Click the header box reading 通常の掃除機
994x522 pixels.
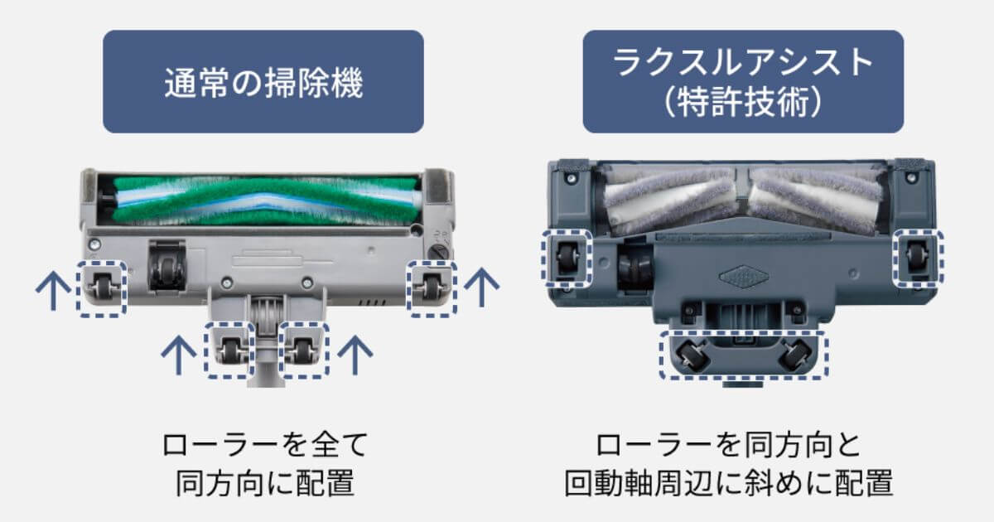click(263, 81)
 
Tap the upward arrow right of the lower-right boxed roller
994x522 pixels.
click(356, 354)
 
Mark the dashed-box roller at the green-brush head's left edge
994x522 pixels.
click(101, 288)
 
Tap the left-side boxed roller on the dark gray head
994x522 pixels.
click(567, 258)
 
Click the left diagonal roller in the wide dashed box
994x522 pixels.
click(690, 354)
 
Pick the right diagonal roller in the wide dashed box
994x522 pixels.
click(796, 354)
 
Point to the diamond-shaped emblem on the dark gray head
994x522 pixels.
click(741, 276)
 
